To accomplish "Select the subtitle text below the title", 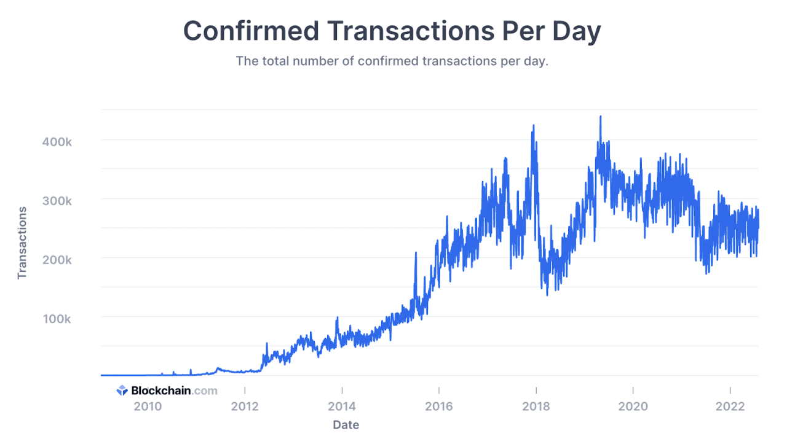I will (x=392, y=61).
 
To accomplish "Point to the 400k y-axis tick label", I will (x=57, y=141).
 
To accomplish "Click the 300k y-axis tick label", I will (x=57, y=201).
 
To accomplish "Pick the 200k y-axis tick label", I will (x=57, y=260).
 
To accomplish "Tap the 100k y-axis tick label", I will (x=57, y=319).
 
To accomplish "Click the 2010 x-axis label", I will (x=148, y=407).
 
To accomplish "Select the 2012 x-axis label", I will (x=245, y=407).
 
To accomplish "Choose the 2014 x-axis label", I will (x=342, y=407).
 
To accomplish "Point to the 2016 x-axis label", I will (x=439, y=407).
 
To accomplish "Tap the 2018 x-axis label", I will (x=536, y=407).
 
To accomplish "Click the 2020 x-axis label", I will (x=633, y=407).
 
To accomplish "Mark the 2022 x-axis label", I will (x=730, y=407).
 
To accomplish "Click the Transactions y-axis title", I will (x=23, y=243).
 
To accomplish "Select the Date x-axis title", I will (x=346, y=424).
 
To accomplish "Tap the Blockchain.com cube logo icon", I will (x=122, y=391).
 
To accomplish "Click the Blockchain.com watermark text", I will (x=174, y=391).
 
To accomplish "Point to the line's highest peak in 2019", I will (x=600, y=117).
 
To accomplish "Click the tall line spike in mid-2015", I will (x=416, y=253).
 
